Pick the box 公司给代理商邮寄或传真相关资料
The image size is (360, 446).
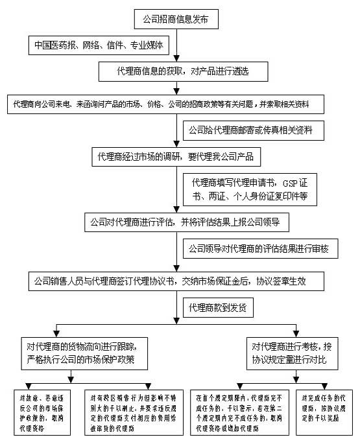(x=250, y=130)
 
